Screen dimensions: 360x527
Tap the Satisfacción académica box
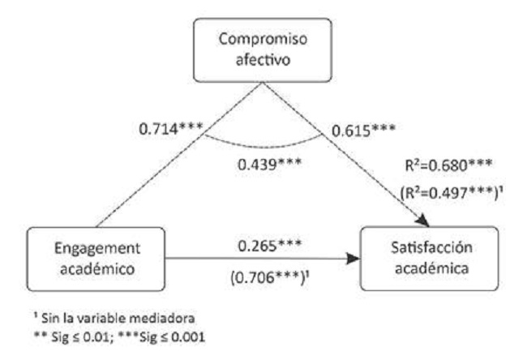pyautogui.click(x=424, y=258)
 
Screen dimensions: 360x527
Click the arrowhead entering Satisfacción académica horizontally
pyautogui.click(x=355, y=259)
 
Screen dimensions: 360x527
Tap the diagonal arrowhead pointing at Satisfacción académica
pyautogui.click(x=423, y=220)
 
